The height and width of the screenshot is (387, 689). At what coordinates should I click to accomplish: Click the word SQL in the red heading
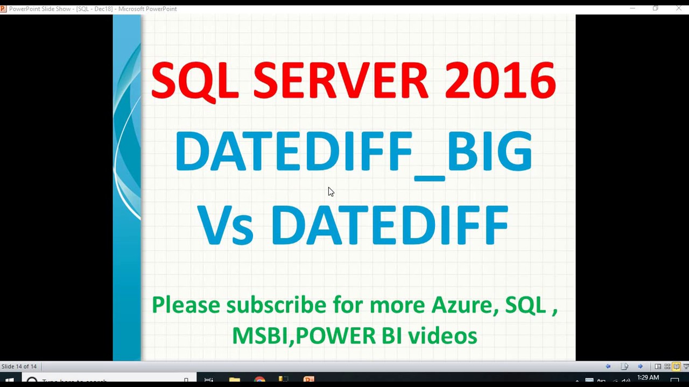tap(194, 81)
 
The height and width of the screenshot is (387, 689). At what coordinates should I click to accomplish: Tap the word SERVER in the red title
tap(341, 81)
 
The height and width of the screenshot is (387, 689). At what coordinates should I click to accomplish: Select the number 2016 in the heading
tap(500, 81)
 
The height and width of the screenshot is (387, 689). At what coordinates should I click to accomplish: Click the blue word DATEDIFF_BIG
tap(353, 152)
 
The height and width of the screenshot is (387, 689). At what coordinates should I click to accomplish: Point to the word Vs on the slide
tap(224, 225)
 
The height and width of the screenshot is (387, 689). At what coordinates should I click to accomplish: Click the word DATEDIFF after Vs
tap(389, 225)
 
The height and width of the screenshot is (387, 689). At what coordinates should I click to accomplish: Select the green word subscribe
tap(276, 305)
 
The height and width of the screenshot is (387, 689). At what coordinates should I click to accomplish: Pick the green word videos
tap(442, 336)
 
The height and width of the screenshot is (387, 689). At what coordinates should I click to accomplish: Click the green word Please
tap(186, 305)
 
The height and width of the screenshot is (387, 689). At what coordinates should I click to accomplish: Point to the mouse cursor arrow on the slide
tap(331, 192)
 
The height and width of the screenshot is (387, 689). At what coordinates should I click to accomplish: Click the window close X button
tap(679, 8)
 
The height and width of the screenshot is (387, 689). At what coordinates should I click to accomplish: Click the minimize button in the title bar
tap(632, 8)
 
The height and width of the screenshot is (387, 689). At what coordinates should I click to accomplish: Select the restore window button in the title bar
tap(655, 8)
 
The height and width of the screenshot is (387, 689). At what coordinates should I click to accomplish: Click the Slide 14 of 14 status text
tap(19, 367)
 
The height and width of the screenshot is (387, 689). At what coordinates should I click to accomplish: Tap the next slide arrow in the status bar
tap(640, 367)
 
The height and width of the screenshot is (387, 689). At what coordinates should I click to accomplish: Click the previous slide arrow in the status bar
tap(608, 367)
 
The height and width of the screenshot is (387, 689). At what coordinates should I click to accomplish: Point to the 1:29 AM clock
tap(648, 378)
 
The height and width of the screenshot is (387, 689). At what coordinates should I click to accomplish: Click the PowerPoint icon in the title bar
tap(4, 9)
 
